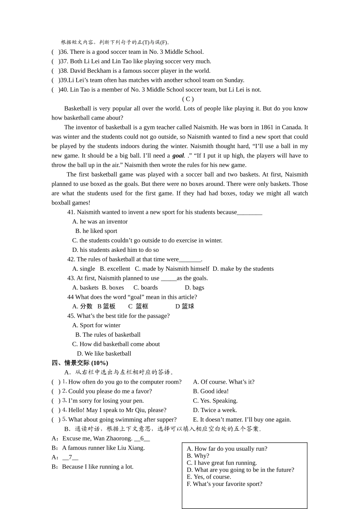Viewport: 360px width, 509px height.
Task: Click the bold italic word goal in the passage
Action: click(x=178, y=156)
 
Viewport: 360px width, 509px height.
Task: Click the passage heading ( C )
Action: click(x=188, y=99)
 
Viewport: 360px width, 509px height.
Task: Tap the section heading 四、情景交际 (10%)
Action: click(x=80, y=363)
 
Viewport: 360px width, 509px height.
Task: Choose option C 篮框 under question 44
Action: click(x=138, y=306)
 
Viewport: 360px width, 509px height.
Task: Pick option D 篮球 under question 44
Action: click(x=185, y=306)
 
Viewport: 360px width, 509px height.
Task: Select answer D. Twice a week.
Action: click(x=215, y=410)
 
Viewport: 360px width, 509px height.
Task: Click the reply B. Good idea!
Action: click(x=211, y=391)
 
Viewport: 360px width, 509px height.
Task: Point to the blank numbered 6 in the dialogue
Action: click(x=142, y=439)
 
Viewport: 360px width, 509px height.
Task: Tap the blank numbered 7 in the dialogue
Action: click(x=70, y=457)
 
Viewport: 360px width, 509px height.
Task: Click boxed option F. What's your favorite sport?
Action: click(x=224, y=484)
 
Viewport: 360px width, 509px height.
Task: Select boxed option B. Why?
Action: click(x=198, y=456)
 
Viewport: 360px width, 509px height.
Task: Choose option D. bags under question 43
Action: click(x=194, y=287)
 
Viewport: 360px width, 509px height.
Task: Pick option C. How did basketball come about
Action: click(x=116, y=344)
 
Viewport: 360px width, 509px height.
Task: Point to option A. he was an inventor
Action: click(x=100, y=222)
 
